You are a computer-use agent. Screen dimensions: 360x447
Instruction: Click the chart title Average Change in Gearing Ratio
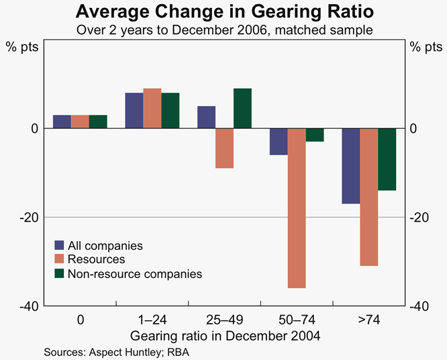[223, 11]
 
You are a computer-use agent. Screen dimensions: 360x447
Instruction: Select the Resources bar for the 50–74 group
[297, 208]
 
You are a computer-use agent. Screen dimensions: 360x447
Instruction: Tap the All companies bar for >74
[351, 166]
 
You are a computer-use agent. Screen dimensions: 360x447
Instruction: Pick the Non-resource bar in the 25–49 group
[242, 108]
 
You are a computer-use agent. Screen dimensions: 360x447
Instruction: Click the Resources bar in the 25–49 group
[224, 148]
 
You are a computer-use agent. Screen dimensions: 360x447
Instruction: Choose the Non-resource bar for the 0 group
[98, 122]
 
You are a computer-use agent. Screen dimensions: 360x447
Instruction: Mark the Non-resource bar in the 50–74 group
[315, 134]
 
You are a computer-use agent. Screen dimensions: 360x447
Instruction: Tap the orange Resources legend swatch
[59, 259]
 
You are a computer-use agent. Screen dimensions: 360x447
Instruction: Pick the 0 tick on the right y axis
[414, 128]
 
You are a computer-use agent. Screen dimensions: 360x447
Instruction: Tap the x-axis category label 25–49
[224, 320]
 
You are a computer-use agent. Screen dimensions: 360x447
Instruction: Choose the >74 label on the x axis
[369, 320]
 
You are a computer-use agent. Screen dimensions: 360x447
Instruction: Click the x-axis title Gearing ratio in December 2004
[224, 335]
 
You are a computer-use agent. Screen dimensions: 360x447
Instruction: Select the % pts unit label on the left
[23, 47]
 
